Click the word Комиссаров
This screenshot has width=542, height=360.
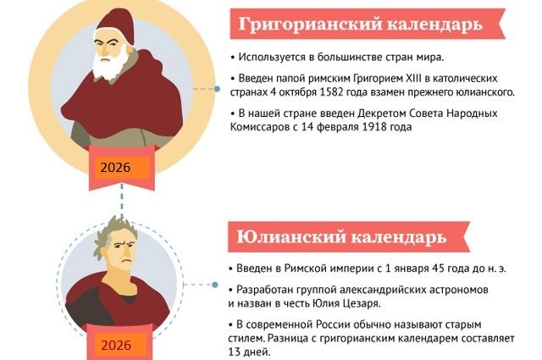259,127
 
